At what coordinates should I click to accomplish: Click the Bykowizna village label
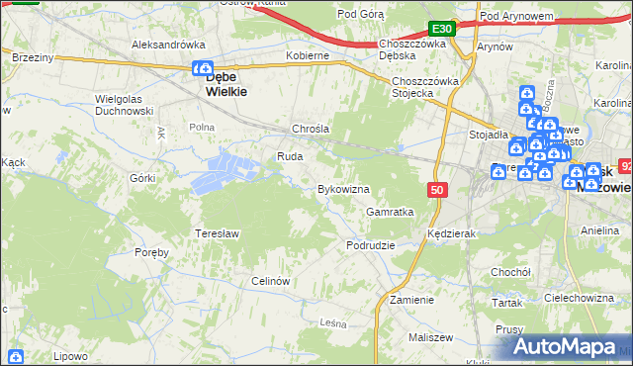click(x=342, y=189)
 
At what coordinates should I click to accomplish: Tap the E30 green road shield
click(x=442, y=29)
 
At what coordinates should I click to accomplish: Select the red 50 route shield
click(x=437, y=188)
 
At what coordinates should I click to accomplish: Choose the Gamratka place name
click(x=389, y=212)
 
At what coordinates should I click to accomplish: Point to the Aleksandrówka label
click(x=167, y=45)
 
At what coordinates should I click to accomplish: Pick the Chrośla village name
click(x=310, y=129)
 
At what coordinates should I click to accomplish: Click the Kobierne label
click(x=307, y=55)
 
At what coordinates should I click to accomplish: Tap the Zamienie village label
click(x=411, y=300)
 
